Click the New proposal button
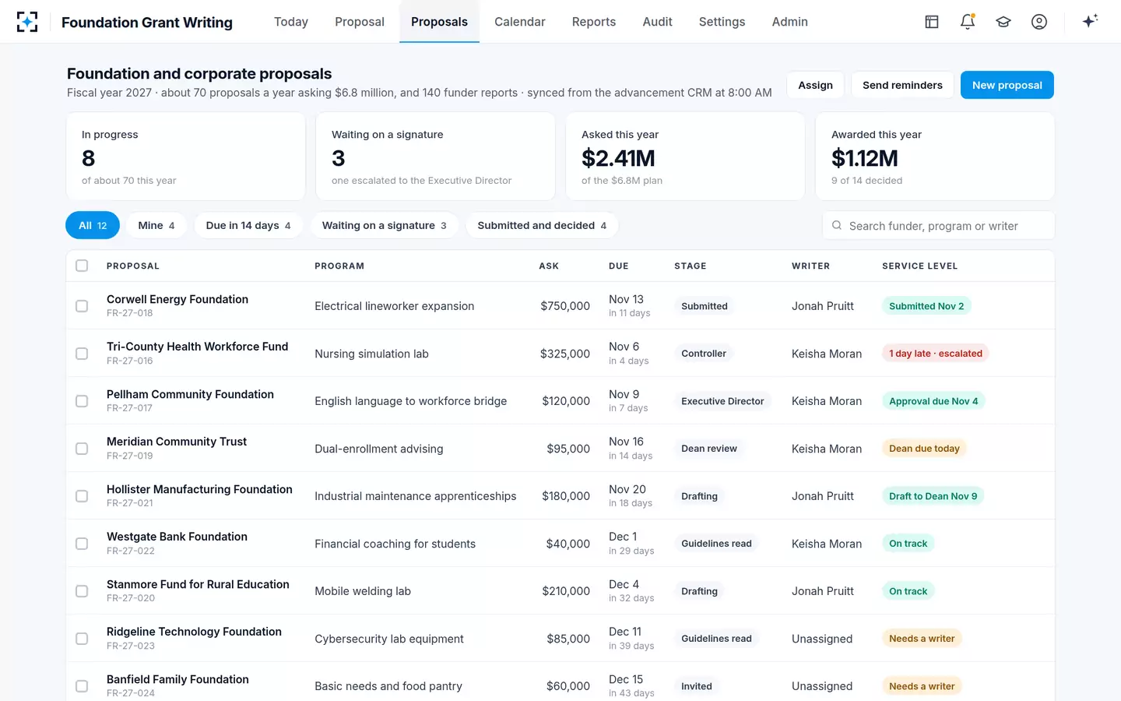pyautogui.click(x=1007, y=85)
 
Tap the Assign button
pyautogui.click(x=815, y=85)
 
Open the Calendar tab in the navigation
pyautogui.click(x=519, y=22)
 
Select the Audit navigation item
pyautogui.click(x=657, y=22)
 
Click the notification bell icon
pyautogui.click(x=968, y=22)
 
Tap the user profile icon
pyautogui.click(x=1039, y=22)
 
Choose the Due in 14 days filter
pyautogui.click(x=248, y=225)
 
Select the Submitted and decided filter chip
pyautogui.click(x=542, y=225)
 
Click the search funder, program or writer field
pyautogui.click(x=938, y=226)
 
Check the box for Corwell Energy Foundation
pyautogui.click(x=82, y=306)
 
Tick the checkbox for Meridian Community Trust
pyautogui.click(x=82, y=449)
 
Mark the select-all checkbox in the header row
pyautogui.click(x=82, y=266)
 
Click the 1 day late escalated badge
pyautogui.click(x=936, y=354)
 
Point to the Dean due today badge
pyautogui.click(x=924, y=449)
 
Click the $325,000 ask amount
pyautogui.click(x=565, y=354)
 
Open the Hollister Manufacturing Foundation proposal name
pyautogui.click(x=199, y=489)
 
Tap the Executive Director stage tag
pyautogui.click(x=722, y=401)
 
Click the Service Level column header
pyautogui.click(x=920, y=266)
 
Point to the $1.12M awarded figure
pyautogui.click(x=864, y=158)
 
